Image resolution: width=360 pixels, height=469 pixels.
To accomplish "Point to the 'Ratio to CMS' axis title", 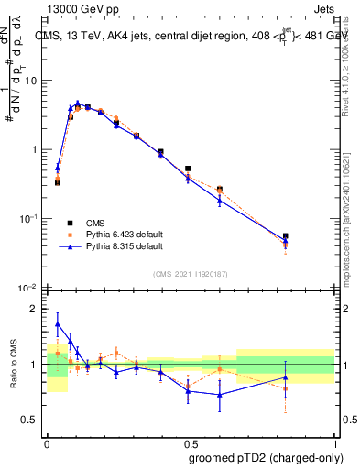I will coord(15,365).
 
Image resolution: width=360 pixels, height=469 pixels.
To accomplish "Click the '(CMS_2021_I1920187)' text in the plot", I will coord(190,272).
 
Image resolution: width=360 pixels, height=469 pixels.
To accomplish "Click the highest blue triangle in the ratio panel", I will coord(58,324).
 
